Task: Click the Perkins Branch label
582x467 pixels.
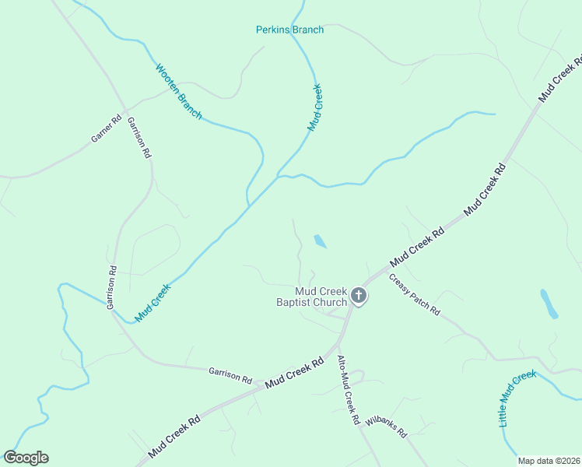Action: tap(289, 30)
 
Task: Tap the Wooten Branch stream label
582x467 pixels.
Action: tap(179, 91)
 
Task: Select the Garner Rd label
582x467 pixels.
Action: tap(107, 128)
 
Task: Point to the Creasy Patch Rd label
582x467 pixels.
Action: tap(415, 295)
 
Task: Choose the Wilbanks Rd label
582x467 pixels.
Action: tap(387, 426)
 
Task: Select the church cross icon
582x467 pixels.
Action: tap(358, 295)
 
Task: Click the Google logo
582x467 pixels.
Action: tap(26, 458)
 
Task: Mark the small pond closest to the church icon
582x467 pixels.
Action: tap(320, 241)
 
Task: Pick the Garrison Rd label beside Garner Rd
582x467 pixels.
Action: tap(138, 138)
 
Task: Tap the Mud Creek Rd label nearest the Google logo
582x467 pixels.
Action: tap(174, 430)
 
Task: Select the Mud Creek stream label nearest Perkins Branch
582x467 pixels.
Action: tap(315, 107)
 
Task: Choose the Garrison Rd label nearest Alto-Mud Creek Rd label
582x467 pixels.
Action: tap(230, 375)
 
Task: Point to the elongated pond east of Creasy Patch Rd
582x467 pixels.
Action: tap(549, 304)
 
